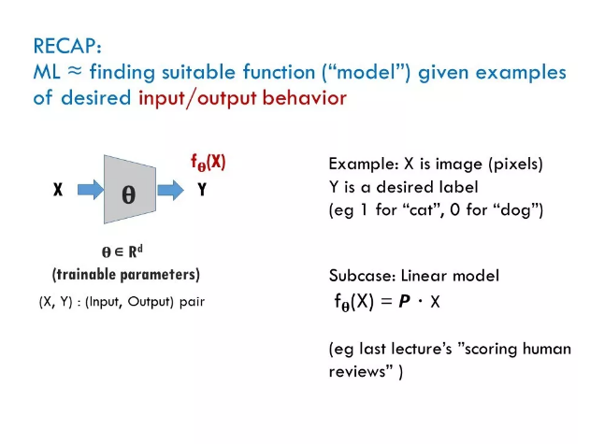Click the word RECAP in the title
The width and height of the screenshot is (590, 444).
pos(65,47)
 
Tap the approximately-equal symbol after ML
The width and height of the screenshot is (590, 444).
pos(75,70)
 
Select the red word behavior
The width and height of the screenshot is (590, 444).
pos(304,98)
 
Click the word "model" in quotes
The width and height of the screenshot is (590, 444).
pos(367,72)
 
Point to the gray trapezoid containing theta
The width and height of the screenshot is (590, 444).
pos(130,189)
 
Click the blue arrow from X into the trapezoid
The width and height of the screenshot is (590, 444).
pos(91,189)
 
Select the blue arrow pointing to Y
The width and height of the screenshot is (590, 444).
pos(170,190)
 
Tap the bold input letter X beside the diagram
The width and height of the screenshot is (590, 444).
pos(58,189)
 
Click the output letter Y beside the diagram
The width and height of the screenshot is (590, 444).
pos(202,189)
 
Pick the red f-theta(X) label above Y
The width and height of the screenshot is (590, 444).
pos(209,163)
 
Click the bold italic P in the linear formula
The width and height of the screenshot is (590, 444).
pos(405,301)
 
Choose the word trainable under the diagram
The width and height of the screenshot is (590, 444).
pos(86,274)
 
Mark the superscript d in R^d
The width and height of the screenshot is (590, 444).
pos(139,249)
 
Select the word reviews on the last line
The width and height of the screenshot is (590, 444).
pos(355,372)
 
